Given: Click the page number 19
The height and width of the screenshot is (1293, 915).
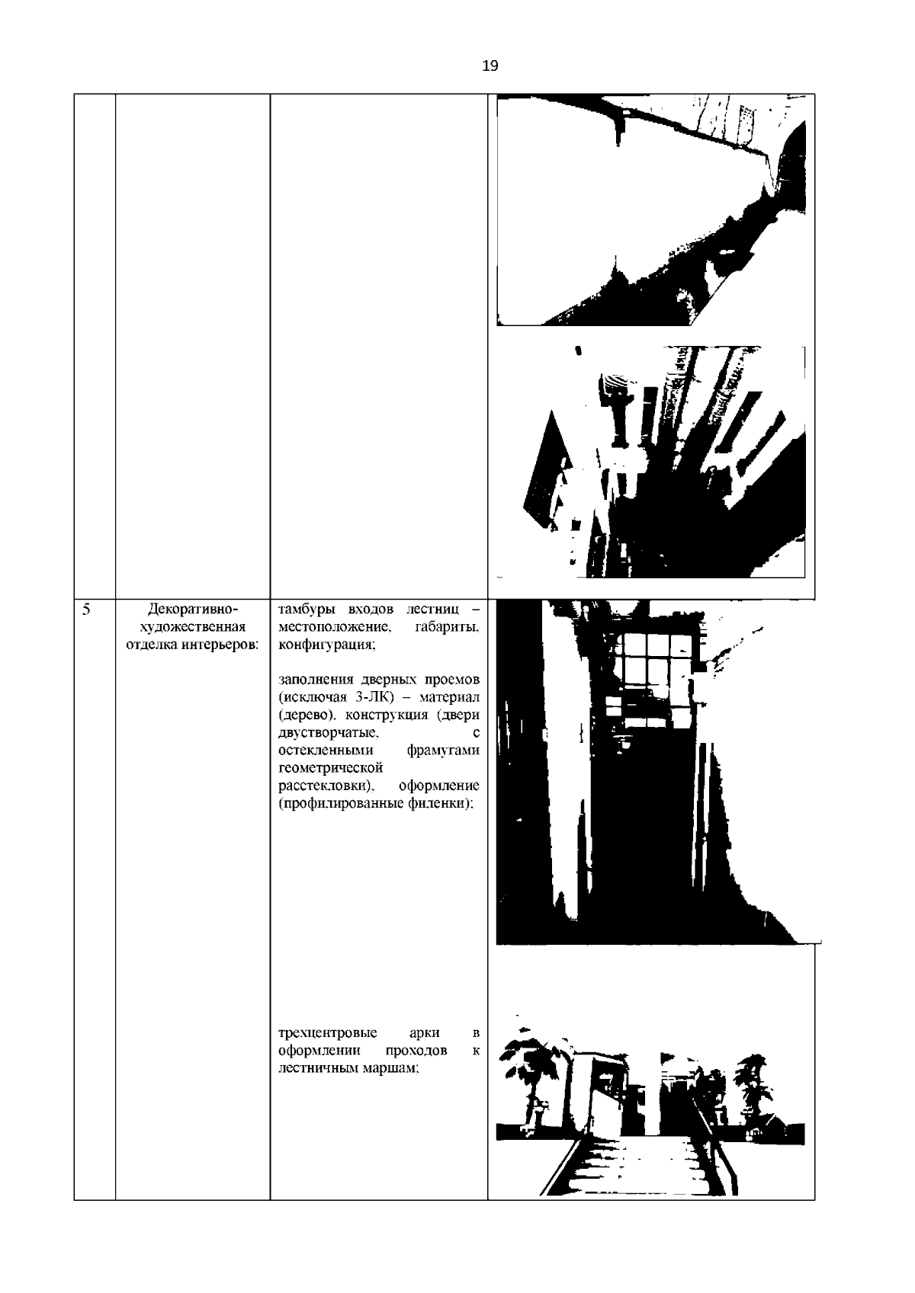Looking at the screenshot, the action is click(490, 66).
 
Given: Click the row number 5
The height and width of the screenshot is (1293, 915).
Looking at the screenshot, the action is click(86, 610).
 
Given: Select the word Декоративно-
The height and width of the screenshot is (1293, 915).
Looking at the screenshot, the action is click(193, 610).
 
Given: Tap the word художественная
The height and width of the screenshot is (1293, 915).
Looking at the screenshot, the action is click(193, 627).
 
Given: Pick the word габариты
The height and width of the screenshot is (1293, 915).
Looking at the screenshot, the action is click(448, 627).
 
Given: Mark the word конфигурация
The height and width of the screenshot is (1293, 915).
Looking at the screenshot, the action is click(327, 645).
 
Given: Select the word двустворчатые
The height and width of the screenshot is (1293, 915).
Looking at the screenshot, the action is click(328, 734).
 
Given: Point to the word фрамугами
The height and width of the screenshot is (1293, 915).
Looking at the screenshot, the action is click(443, 751).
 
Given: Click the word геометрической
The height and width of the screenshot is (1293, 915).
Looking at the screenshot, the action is click(331, 768).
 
